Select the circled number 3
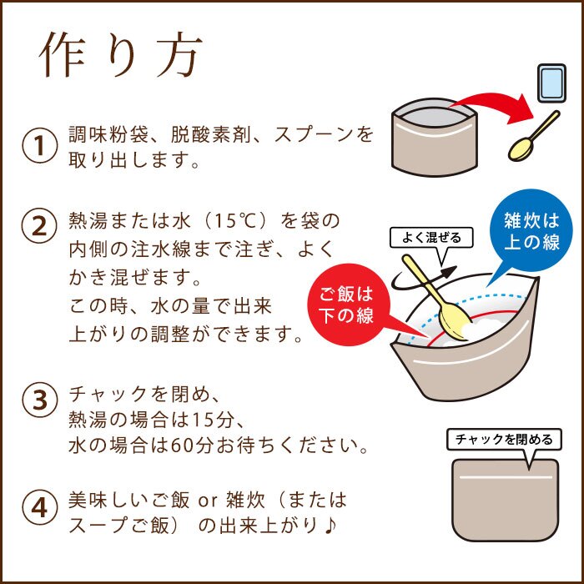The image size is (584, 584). tap(38, 400)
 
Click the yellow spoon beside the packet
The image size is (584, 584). tap(532, 138)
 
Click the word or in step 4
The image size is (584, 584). tap(207, 501)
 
